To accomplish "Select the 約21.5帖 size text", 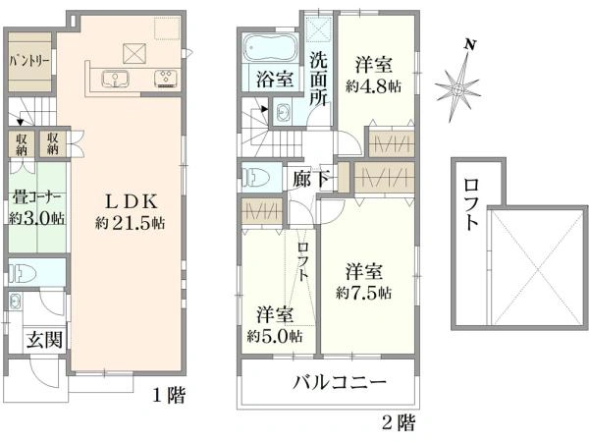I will [x=130, y=223].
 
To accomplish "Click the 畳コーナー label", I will [x=36, y=194].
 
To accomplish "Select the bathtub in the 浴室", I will [x=269, y=48].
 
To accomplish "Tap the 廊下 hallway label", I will [x=310, y=180].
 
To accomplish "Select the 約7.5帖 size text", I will [x=364, y=293].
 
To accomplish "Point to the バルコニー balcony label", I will [x=338, y=383].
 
